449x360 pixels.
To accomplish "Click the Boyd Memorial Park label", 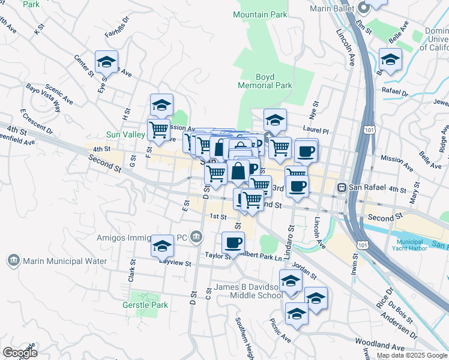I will (x=265, y=81).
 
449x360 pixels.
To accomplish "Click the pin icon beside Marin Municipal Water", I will (x=13, y=260).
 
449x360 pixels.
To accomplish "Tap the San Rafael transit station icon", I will (x=342, y=187).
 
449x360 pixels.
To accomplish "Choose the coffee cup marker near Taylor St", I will (x=233, y=243).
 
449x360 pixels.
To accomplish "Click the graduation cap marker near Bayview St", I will (x=162, y=246).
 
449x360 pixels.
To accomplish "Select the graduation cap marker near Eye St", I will (x=106, y=62).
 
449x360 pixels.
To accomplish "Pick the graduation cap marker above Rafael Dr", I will (x=390, y=59).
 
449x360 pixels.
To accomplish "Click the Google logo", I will (x=20, y=353).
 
